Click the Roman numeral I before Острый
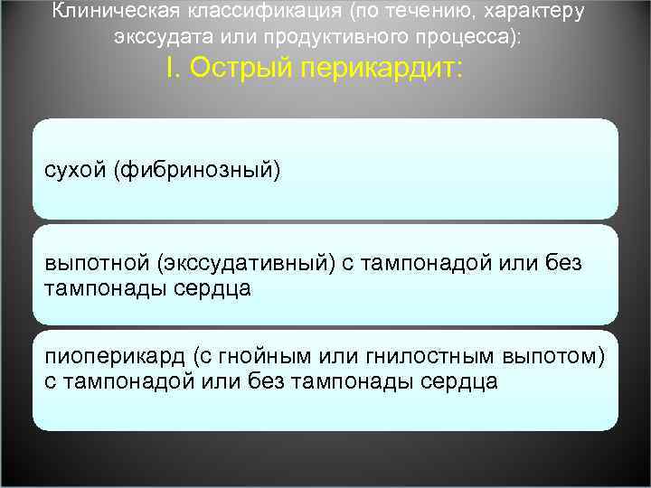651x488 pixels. tap(171, 69)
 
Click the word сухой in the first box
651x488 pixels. tap(75, 170)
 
